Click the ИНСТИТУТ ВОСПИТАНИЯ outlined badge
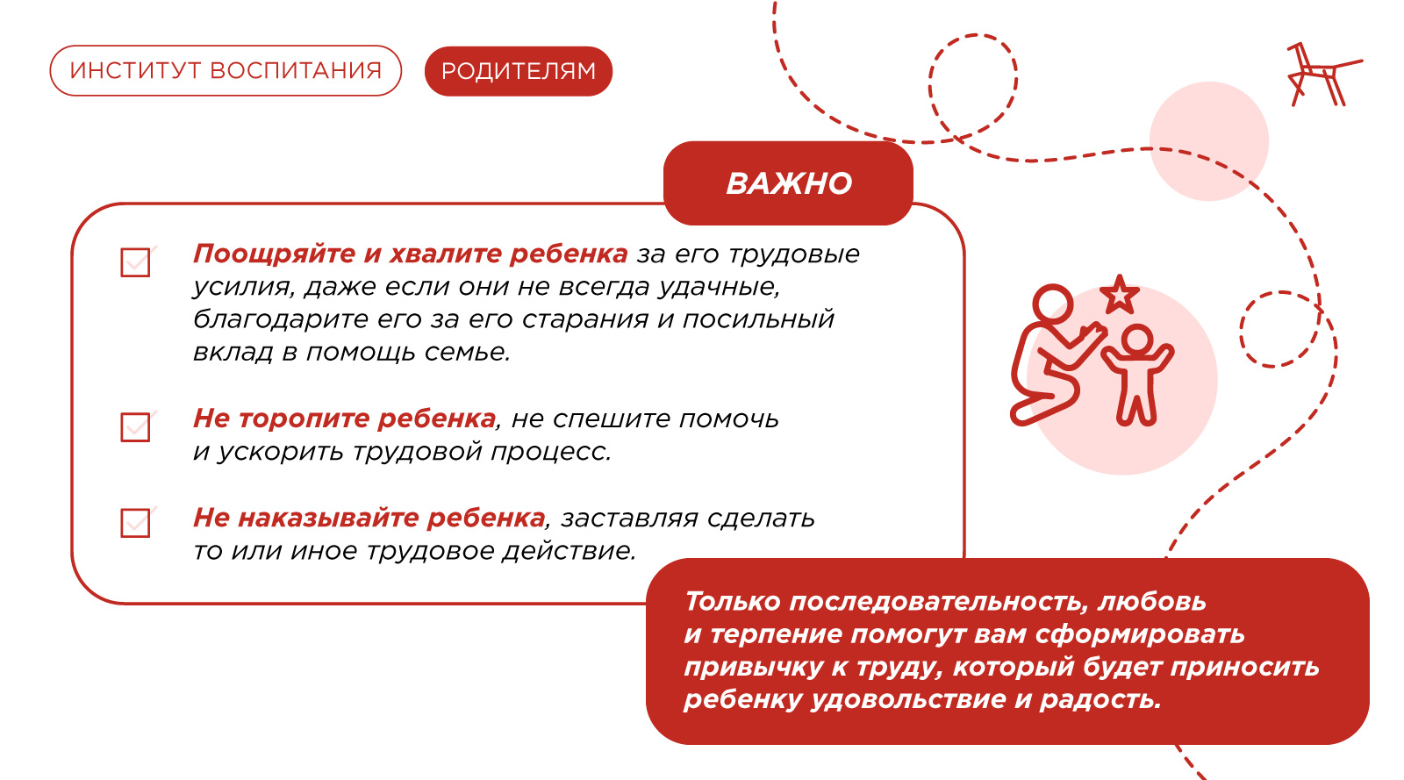coord(226,70)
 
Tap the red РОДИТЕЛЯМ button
coord(519,71)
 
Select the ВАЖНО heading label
coord(789,183)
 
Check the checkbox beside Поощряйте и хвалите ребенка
coord(135,261)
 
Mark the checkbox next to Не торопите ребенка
coord(135,426)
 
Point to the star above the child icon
coord(1120,295)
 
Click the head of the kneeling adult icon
coord(1053,304)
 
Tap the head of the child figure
coord(1136,341)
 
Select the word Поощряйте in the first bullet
coord(274,254)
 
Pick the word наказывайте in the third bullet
coord(328,519)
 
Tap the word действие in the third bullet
coord(569,551)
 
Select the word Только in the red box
coord(732,601)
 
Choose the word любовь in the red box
coord(1152,601)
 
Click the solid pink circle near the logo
coord(1209,141)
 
